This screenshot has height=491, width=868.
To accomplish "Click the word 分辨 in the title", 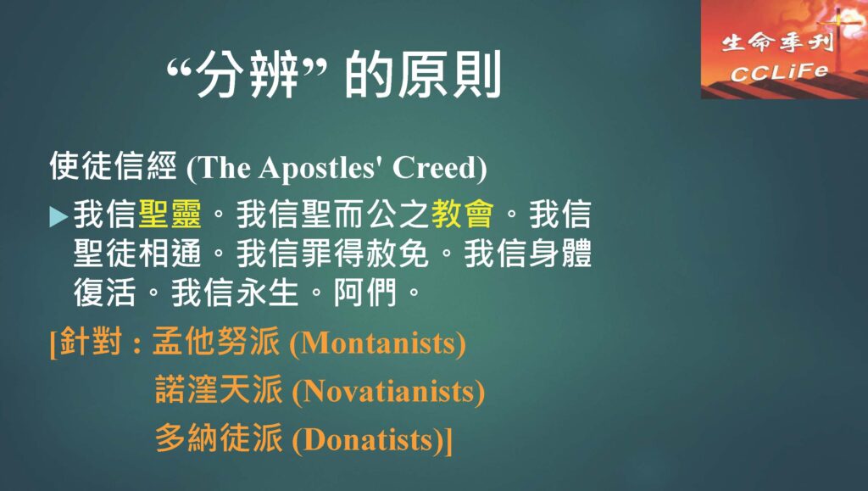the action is click(248, 74).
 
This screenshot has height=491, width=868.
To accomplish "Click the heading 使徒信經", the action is click(114, 166).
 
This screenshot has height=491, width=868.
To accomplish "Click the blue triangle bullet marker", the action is click(58, 216).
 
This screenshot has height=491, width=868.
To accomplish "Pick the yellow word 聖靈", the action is click(170, 214).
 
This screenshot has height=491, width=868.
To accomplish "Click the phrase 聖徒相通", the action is click(137, 254).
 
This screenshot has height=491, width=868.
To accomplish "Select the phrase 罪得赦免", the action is click(364, 254).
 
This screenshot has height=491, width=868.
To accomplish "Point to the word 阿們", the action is click(365, 293).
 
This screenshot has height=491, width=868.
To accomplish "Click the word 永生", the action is click(267, 293).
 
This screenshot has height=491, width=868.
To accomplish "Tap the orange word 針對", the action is click(91, 340).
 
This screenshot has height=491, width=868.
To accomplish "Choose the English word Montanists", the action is click(377, 343).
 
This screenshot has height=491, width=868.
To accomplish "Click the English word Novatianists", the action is click(388, 392).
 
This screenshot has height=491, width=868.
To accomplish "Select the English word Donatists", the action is click(369, 441).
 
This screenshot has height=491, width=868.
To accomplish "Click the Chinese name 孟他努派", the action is click(215, 340).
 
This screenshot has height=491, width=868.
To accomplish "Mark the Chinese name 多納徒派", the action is click(219, 438).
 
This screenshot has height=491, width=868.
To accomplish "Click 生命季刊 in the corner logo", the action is click(777, 42).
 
